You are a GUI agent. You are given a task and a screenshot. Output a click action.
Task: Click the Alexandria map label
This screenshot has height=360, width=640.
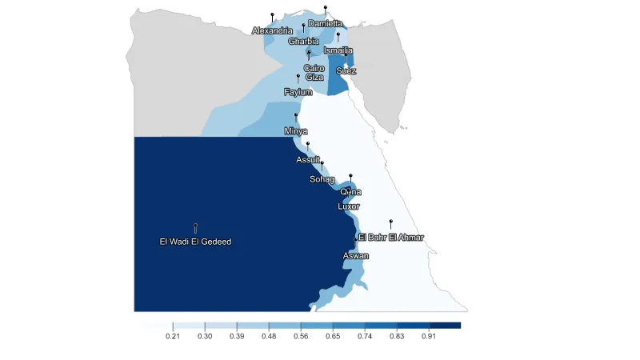272,30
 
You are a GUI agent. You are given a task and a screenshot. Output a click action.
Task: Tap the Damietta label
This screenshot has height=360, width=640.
326,24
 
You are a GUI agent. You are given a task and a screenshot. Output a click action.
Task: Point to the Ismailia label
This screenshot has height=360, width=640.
338,50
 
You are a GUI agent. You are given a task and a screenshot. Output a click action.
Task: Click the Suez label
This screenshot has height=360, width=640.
346,70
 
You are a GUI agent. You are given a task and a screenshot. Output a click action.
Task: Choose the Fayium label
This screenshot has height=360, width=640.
298,92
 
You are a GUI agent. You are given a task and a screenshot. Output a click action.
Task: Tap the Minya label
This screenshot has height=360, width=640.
296,130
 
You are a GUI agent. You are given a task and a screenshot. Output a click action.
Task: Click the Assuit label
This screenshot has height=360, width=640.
308,159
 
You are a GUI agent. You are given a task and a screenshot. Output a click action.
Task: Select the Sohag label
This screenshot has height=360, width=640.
322,179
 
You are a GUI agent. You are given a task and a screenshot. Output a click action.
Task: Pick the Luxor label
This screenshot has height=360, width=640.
350,206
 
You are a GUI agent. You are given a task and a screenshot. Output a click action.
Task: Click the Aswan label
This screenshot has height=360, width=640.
356,255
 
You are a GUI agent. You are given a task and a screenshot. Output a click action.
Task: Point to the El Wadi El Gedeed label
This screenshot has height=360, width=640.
195,242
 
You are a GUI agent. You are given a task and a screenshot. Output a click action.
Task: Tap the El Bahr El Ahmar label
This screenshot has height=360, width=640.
391,237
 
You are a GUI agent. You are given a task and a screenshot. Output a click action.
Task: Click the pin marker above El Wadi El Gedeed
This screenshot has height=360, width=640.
195,226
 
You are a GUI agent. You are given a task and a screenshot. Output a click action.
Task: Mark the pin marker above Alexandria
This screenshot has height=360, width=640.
272,15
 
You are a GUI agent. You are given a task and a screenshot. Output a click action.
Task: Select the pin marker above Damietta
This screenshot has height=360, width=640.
326,7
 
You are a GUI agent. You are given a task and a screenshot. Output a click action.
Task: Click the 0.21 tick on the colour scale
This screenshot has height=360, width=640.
172,337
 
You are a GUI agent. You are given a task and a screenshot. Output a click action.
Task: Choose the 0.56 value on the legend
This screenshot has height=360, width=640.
301,337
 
